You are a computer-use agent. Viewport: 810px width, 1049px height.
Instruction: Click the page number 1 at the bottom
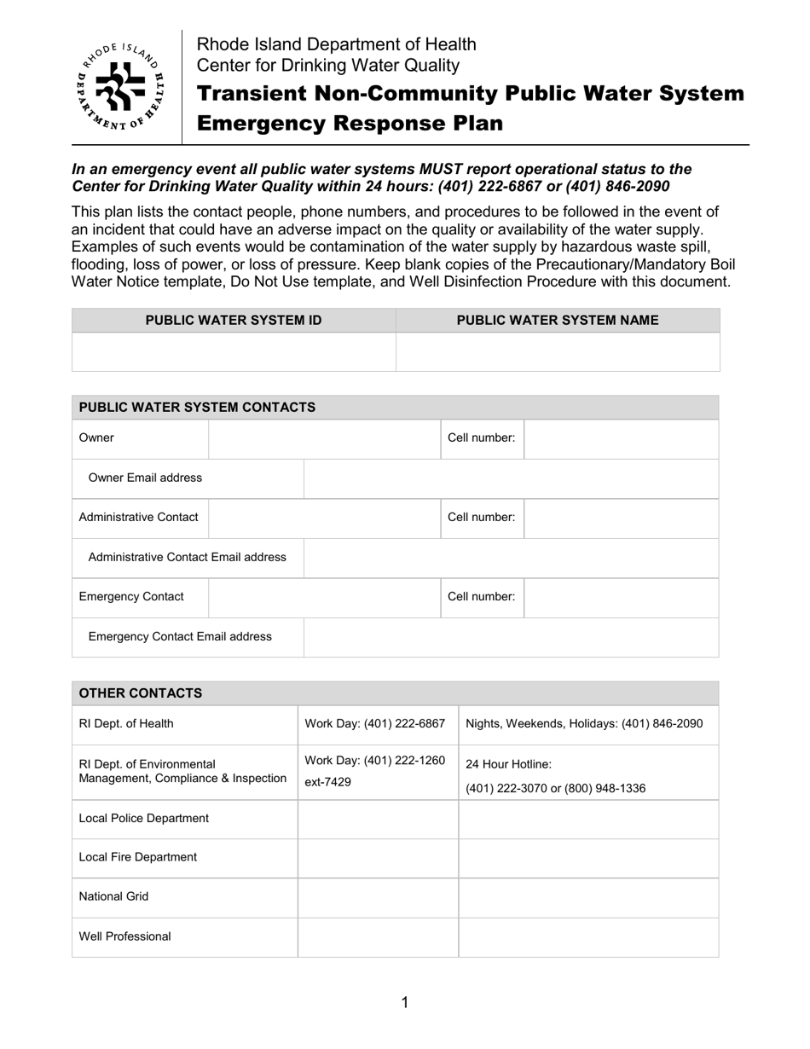404,1002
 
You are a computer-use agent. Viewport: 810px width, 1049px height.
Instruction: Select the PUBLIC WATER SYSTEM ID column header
234,321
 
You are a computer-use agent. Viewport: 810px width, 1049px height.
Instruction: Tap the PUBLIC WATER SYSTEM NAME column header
558,321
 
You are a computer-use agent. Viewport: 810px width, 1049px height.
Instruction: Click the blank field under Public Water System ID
234,352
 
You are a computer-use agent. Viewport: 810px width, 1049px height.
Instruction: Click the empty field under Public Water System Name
558,352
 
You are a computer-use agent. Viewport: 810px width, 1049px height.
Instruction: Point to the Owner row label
96,438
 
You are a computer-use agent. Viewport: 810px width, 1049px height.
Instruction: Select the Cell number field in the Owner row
621,438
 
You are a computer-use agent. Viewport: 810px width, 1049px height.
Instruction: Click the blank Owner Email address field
511,478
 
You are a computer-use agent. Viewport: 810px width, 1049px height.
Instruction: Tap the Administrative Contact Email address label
188,557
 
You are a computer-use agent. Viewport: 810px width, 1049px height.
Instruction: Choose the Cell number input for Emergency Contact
621,597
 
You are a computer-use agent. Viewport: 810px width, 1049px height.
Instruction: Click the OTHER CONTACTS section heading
141,693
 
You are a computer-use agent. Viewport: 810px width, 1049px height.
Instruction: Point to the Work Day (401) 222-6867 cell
375,724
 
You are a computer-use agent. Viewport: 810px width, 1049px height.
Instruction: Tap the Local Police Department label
143,818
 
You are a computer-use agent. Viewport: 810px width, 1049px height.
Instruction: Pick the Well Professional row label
124,936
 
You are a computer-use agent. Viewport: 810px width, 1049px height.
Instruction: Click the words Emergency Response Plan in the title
350,124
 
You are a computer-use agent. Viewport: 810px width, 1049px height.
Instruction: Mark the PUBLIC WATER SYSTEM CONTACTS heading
197,408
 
